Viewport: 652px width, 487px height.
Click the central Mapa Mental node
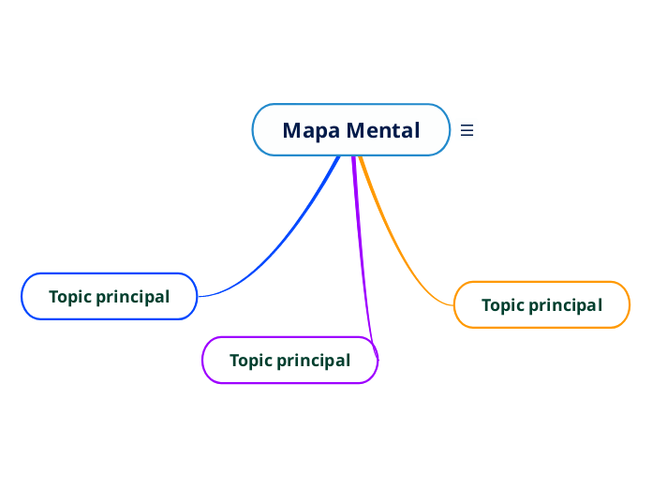[x=351, y=129]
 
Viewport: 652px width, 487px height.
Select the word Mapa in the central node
[x=310, y=130]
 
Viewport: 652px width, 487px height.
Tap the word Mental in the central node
[x=383, y=130]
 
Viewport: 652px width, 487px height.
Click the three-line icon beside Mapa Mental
[x=467, y=130]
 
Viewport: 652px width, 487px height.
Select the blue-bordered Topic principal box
[x=109, y=296]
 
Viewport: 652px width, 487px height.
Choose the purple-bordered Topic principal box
[x=289, y=360]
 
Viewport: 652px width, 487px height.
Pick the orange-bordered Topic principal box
[x=541, y=304]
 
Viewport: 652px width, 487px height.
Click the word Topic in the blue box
[x=70, y=297]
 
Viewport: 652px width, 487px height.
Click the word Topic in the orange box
[x=503, y=305]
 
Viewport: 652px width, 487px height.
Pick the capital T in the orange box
[x=486, y=305]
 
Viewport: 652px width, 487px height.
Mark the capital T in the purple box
[x=234, y=361]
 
